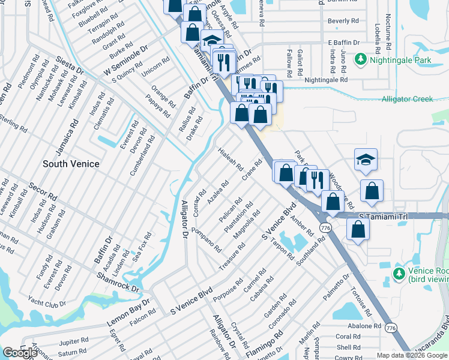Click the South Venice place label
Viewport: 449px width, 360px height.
(x=71, y=163)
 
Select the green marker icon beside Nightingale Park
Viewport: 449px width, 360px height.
(x=360, y=60)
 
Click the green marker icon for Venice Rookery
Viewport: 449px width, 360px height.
(x=398, y=274)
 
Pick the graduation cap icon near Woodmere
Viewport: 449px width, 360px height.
(x=365, y=160)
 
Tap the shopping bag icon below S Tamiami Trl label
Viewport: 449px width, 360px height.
(x=358, y=230)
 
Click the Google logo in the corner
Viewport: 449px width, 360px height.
(x=20, y=353)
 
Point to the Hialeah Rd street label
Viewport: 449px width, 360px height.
(x=230, y=158)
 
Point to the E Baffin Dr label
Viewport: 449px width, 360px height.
(x=343, y=43)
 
